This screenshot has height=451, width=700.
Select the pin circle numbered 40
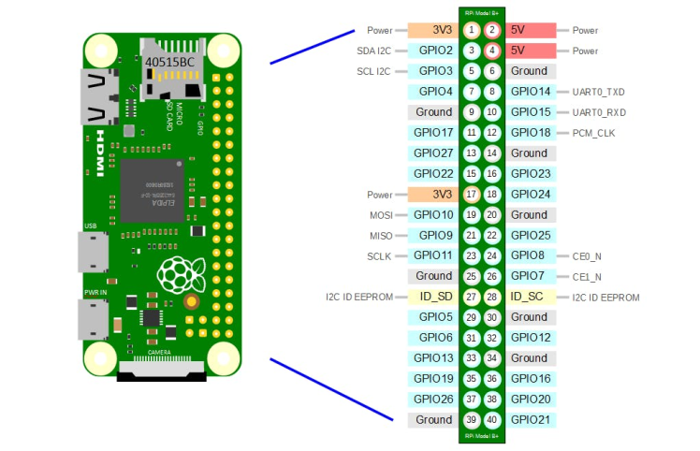tap(491, 420)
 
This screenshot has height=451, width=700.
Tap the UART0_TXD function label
tap(598, 92)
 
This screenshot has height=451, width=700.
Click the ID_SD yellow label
tap(436, 297)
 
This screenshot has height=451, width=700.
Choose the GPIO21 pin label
tap(531, 420)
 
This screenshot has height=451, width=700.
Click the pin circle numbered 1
tap(472, 31)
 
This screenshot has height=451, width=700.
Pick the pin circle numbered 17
tap(472, 195)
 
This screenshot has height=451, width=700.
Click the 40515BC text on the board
tap(169, 63)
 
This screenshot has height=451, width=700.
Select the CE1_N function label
tap(586, 277)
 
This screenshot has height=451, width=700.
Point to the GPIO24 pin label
tap(531, 195)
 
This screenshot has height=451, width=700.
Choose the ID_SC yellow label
tap(530, 297)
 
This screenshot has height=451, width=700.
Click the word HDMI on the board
tap(101, 149)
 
